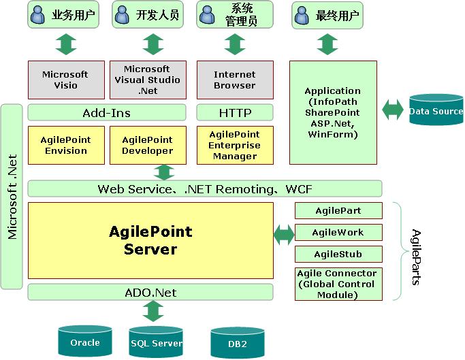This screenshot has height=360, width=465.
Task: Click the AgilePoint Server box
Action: pos(150,240)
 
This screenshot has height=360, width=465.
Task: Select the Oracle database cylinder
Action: pos(85,342)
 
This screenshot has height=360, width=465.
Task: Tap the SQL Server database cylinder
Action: pos(156,343)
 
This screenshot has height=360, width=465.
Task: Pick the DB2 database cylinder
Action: pos(237,344)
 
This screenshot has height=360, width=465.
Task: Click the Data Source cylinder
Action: pos(436,111)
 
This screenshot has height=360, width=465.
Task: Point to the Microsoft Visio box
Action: pos(66,80)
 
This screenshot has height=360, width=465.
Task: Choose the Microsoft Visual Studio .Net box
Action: pos(147,80)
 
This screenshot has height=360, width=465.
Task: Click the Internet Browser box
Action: pos(235,80)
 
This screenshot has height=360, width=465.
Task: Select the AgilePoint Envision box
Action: pos(66,145)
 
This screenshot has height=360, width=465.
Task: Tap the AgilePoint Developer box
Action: pos(147,145)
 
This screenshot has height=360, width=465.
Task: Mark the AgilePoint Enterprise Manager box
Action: pos(235,145)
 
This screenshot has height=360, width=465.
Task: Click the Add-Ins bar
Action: pos(107,112)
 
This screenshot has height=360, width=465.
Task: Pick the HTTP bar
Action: pos(235,112)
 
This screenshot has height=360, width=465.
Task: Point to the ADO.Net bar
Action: pos(150,293)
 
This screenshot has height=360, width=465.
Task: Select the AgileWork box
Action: pos(338,232)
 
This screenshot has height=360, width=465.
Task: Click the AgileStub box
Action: pos(338,255)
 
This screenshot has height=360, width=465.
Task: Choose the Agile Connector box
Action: pos(338,284)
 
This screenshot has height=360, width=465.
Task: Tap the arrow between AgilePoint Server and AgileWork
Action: pos(284,235)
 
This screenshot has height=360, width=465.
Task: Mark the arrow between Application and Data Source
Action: pos(393,111)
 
